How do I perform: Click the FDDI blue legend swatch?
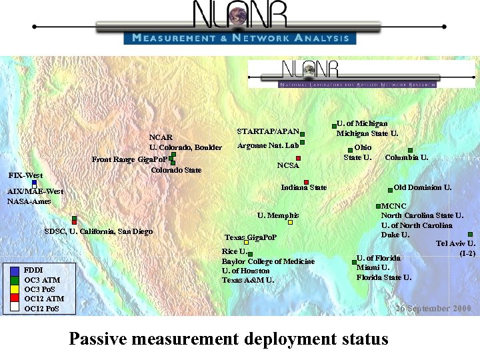14,270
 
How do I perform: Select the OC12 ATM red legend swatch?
14,299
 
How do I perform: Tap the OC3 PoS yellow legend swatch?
14,289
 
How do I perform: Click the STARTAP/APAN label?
268,131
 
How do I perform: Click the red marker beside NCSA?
299,158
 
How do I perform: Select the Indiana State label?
304,187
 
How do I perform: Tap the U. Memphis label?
278,215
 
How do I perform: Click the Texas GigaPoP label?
250,237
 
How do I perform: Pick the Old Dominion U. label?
423,187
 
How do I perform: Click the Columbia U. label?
407,158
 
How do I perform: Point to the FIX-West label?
25,175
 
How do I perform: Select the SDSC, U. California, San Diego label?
98,231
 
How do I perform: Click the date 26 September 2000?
433,309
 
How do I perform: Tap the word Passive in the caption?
99,339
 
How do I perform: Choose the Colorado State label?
176,170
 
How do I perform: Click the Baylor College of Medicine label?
268,261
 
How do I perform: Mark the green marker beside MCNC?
379,207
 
